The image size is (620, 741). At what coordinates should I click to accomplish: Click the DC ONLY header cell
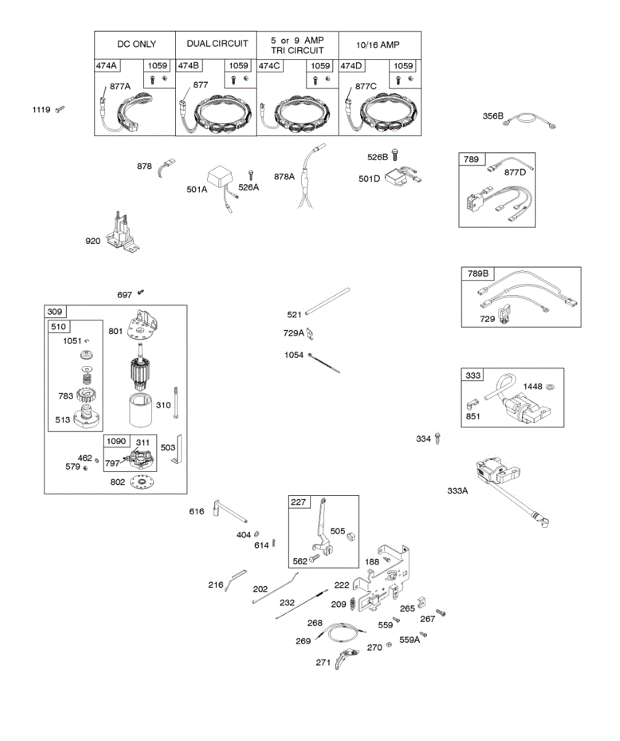coord(136,44)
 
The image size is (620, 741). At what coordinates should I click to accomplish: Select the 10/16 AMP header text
coord(378,44)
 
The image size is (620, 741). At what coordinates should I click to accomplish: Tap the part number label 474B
coord(188,65)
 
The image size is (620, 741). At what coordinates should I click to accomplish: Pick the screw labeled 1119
coord(59,109)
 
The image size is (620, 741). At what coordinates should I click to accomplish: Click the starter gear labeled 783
coord(90,395)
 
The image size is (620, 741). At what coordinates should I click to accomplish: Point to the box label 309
coord(55,311)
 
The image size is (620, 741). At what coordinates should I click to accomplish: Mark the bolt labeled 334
coord(438,438)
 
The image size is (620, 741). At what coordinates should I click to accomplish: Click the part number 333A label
coord(458,491)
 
